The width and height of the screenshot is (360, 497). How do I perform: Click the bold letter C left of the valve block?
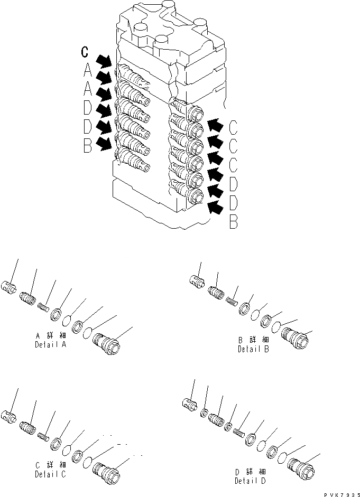point(85,51)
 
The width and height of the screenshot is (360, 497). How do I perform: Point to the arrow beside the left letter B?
point(105,142)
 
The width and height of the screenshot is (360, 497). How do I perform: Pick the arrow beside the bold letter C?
point(104,58)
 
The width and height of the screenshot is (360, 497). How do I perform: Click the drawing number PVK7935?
point(336,492)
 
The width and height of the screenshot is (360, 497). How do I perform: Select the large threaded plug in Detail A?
point(106,346)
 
